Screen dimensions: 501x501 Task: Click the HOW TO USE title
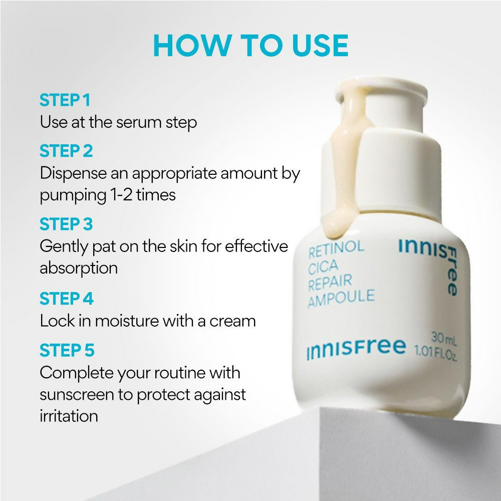(x=251, y=46)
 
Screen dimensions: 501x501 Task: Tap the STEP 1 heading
(x=65, y=100)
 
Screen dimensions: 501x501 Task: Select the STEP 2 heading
(x=66, y=151)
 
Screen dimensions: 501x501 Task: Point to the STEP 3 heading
(x=66, y=224)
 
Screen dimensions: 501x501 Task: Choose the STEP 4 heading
(x=67, y=299)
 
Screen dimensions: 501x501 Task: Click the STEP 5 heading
(x=67, y=350)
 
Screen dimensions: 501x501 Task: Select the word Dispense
(x=74, y=174)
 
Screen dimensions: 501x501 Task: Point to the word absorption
(x=79, y=269)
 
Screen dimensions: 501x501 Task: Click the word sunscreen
(x=77, y=395)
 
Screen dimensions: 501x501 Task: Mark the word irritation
(x=69, y=416)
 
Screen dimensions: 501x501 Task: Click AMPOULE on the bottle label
(x=341, y=298)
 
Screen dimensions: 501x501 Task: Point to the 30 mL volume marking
(x=444, y=339)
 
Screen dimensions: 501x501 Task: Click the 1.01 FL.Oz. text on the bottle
(x=436, y=353)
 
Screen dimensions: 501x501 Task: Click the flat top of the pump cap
(x=382, y=87)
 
